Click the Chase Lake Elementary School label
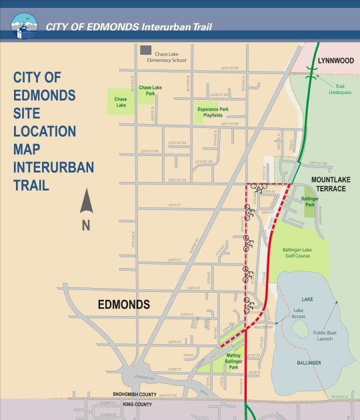click(x=170, y=57)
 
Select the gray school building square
click(x=145, y=51)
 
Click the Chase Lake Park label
click(x=150, y=90)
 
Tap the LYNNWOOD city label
click(x=335, y=60)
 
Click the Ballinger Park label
click(x=309, y=201)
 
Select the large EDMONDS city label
click(x=124, y=304)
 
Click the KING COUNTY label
click(x=137, y=404)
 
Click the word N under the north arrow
click(x=86, y=225)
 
